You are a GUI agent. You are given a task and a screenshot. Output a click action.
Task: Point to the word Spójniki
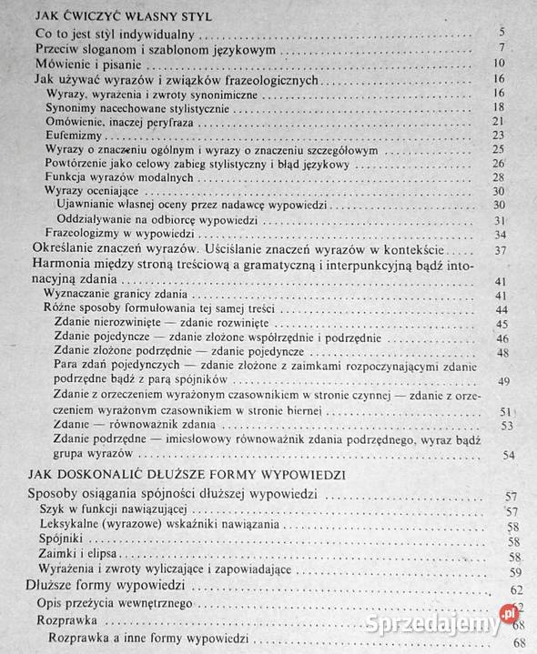(62, 541)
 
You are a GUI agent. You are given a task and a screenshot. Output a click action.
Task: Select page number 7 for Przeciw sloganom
(501, 49)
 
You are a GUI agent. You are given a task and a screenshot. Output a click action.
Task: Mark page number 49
(505, 381)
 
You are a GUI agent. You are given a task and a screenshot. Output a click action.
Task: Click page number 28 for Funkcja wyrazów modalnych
(498, 178)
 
